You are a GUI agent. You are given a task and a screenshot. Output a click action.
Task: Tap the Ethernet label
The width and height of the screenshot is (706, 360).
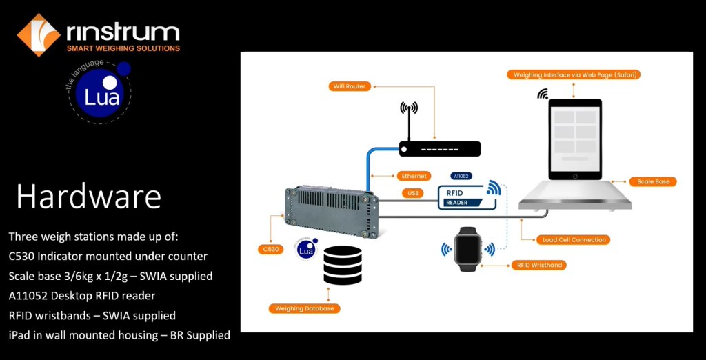point(414,176)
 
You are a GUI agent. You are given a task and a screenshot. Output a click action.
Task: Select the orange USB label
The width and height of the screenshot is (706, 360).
point(414,194)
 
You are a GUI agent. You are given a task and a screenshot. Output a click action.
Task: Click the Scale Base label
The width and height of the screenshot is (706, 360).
point(653,181)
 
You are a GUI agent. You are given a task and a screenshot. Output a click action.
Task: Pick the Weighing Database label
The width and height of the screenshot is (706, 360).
point(304,308)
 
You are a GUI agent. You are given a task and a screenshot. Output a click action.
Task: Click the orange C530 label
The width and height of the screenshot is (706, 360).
point(272,249)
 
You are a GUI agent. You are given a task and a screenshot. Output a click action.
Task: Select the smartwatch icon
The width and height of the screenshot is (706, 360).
point(470,248)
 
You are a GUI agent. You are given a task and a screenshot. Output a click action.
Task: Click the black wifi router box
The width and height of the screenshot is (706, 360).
point(439,148)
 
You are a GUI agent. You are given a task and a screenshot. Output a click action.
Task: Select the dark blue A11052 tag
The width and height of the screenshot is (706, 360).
point(461,176)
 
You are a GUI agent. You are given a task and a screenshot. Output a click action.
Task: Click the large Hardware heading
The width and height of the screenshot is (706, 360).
point(89,197)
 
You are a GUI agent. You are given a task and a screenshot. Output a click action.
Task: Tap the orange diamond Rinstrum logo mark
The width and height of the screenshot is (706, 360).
point(39,34)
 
